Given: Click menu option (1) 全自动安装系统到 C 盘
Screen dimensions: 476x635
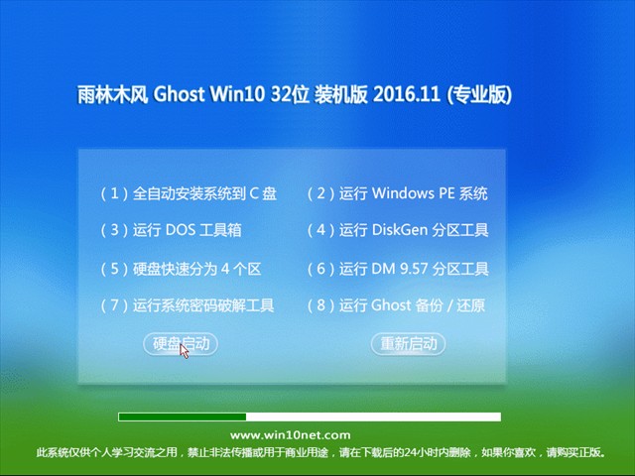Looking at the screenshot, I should (x=189, y=193).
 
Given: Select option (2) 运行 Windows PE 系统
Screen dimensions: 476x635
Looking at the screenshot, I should (x=397, y=193).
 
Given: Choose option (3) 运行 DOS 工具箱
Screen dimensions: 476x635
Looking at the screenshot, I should (x=171, y=230).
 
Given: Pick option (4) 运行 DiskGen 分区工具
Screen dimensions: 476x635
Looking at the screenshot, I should (x=397, y=230).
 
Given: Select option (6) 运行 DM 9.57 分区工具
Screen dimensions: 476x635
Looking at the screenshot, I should (x=397, y=269).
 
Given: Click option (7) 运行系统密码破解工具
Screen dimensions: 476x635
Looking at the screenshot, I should (x=188, y=305).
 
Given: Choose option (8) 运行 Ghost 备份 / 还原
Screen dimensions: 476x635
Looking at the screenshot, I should (x=396, y=305).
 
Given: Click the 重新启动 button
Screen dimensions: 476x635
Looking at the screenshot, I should (x=409, y=344).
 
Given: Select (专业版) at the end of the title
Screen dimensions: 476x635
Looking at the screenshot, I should (x=480, y=95).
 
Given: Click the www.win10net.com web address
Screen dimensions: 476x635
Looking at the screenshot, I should (x=290, y=435).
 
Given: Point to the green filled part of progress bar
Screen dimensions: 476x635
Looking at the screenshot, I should (x=182, y=416).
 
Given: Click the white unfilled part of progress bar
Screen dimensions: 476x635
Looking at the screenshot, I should (x=373, y=416).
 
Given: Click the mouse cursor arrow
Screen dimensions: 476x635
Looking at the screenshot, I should (x=185, y=352).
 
